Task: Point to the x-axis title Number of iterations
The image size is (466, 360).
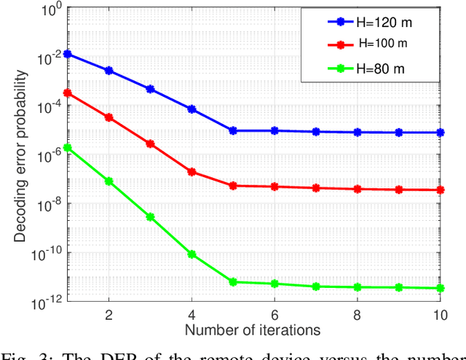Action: (x=253, y=330)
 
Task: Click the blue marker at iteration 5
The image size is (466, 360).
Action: (x=233, y=130)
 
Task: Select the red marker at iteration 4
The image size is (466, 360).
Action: (x=191, y=172)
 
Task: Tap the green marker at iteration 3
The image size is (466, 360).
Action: (x=150, y=217)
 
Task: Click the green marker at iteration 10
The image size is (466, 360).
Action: (x=440, y=288)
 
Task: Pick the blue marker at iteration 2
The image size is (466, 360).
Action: (x=109, y=71)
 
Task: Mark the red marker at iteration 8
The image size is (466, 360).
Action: (x=357, y=189)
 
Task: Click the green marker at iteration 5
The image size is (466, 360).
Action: (x=233, y=281)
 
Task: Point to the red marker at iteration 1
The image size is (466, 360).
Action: (x=68, y=93)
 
